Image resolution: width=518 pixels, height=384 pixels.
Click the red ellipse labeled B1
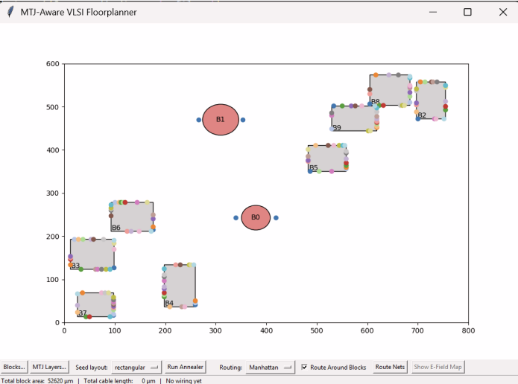[x=220, y=120]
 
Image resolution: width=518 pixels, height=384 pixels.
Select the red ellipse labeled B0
[x=256, y=217]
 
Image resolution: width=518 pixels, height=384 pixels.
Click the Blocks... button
[x=14, y=367]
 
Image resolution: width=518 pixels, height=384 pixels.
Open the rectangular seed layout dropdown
[x=136, y=367]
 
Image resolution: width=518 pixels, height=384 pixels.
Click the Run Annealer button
[x=185, y=367]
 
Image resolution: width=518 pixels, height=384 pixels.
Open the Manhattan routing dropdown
[x=271, y=367]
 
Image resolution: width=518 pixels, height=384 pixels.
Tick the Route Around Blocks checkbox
[x=304, y=367]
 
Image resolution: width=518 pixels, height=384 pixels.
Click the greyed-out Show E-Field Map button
[x=438, y=367]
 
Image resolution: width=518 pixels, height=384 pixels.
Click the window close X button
[x=502, y=12]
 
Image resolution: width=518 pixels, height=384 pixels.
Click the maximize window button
[x=467, y=12]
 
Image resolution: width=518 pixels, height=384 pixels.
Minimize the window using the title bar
[x=433, y=12]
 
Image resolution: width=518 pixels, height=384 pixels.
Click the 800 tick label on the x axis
[x=468, y=330]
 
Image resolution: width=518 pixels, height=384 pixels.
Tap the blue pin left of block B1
[x=198, y=120]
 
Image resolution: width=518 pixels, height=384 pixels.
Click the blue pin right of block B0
[x=276, y=217]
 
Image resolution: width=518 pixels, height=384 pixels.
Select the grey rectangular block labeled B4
[x=180, y=285]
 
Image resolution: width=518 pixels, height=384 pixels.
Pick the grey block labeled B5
[x=327, y=158]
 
